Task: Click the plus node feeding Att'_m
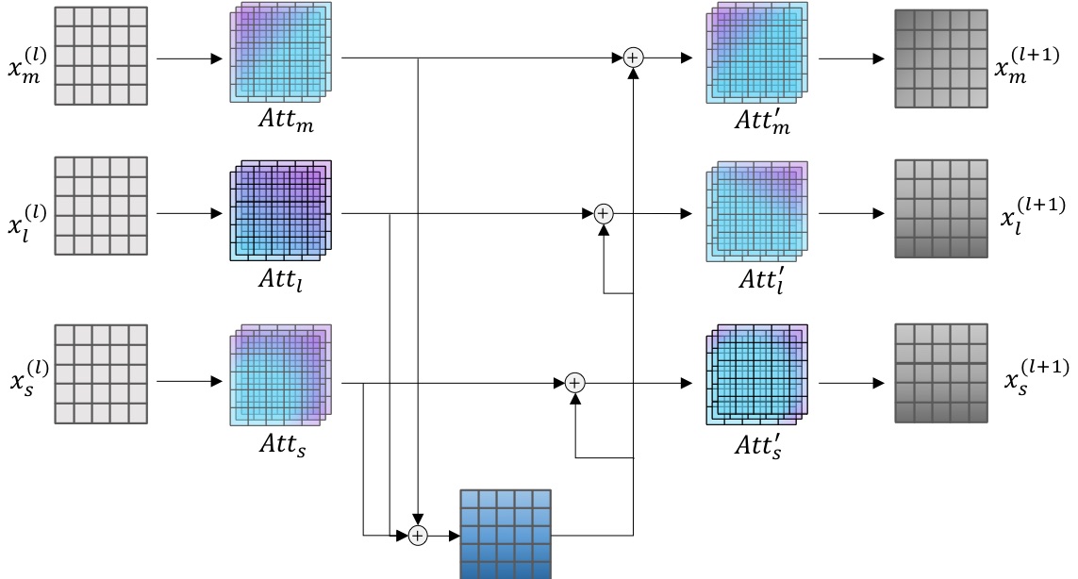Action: [x=633, y=58]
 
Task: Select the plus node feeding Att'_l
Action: [x=604, y=213]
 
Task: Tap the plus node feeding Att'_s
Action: [x=574, y=382]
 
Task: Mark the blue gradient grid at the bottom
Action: [x=505, y=534]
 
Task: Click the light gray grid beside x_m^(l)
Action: [x=101, y=55]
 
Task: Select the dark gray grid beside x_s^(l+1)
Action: [x=939, y=373]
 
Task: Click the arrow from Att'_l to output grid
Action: [x=851, y=213]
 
